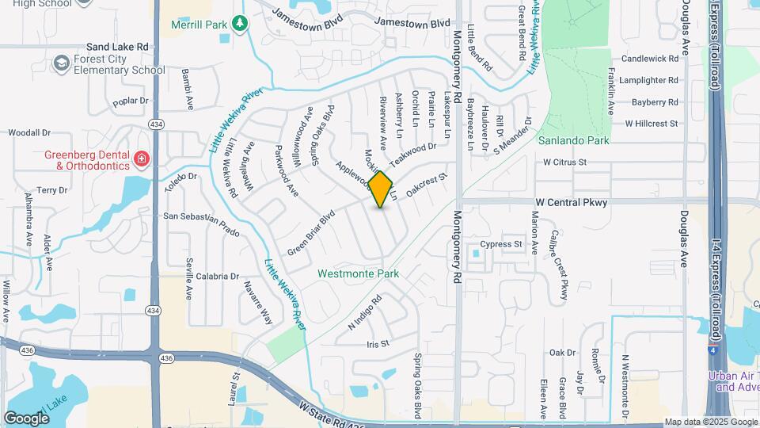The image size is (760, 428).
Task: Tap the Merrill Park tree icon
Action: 240,25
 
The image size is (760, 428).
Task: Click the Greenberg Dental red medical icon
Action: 142,159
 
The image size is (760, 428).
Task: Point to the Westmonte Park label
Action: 358,273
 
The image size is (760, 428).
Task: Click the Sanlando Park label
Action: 573,140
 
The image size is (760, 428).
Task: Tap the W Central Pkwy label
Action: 569,202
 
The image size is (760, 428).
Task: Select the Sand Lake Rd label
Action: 118,47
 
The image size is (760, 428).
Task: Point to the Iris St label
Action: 378,344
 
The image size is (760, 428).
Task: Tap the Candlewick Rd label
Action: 650,59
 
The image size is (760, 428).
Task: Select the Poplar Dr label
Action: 131,101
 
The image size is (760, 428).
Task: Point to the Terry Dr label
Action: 52,191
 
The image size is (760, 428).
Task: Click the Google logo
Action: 27,418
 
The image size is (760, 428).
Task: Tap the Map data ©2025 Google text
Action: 709,422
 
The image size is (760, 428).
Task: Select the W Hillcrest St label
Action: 652,124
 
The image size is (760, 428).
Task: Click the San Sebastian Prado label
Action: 201,216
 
